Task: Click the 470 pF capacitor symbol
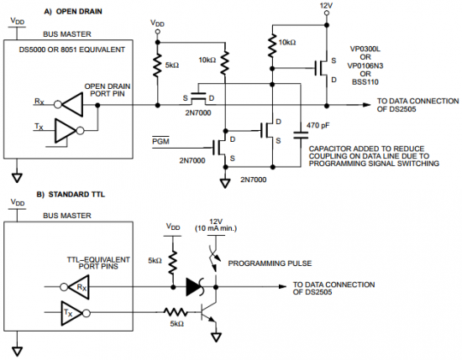(301, 135)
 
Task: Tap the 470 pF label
(318, 125)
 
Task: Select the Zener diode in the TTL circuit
(196, 287)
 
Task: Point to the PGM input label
(160, 141)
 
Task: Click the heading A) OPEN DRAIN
(73, 12)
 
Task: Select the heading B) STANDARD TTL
(71, 195)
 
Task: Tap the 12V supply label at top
(326, 5)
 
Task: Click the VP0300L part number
(365, 49)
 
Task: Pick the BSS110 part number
(365, 82)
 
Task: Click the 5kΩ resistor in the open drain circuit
(158, 65)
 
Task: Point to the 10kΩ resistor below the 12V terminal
(272, 45)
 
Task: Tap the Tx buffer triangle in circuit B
(72, 313)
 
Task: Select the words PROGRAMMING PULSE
(270, 263)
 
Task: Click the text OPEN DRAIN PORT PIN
(108, 90)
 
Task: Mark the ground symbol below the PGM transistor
(225, 184)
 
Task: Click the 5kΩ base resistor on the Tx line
(176, 313)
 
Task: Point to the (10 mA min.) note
(216, 228)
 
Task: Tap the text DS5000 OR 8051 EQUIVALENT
(72, 50)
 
